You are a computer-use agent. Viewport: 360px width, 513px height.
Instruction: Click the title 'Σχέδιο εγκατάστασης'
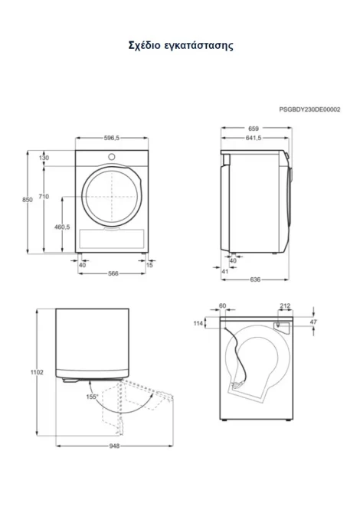tap(181, 45)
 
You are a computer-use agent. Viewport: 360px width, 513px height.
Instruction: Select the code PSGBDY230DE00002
tap(309, 109)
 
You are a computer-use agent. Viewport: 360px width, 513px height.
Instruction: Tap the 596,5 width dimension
tap(112, 138)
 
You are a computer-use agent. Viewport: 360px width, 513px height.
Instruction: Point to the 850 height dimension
tap(28, 200)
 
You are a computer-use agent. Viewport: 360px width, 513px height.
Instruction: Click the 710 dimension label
tap(44, 196)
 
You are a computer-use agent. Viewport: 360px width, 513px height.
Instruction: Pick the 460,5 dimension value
tap(62, 227)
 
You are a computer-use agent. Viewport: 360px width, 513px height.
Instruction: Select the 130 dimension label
tap(44, 158)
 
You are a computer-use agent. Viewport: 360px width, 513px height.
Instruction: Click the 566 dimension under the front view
tap(113, 273)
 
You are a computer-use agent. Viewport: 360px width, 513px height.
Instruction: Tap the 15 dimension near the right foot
tap(149, 265)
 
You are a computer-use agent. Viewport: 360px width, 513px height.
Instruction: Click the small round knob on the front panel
tap(112, 157)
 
